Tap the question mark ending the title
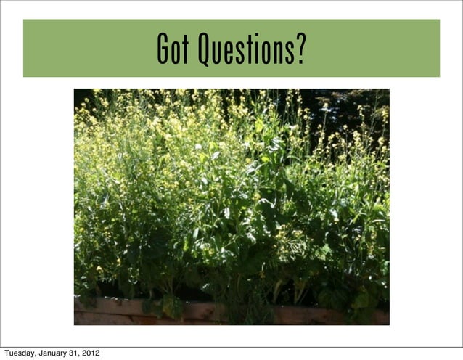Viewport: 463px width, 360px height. (x=300, y=49)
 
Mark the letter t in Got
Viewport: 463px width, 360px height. (x=184, y=49)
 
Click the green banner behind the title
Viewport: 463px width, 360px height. (x=80, y=48)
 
